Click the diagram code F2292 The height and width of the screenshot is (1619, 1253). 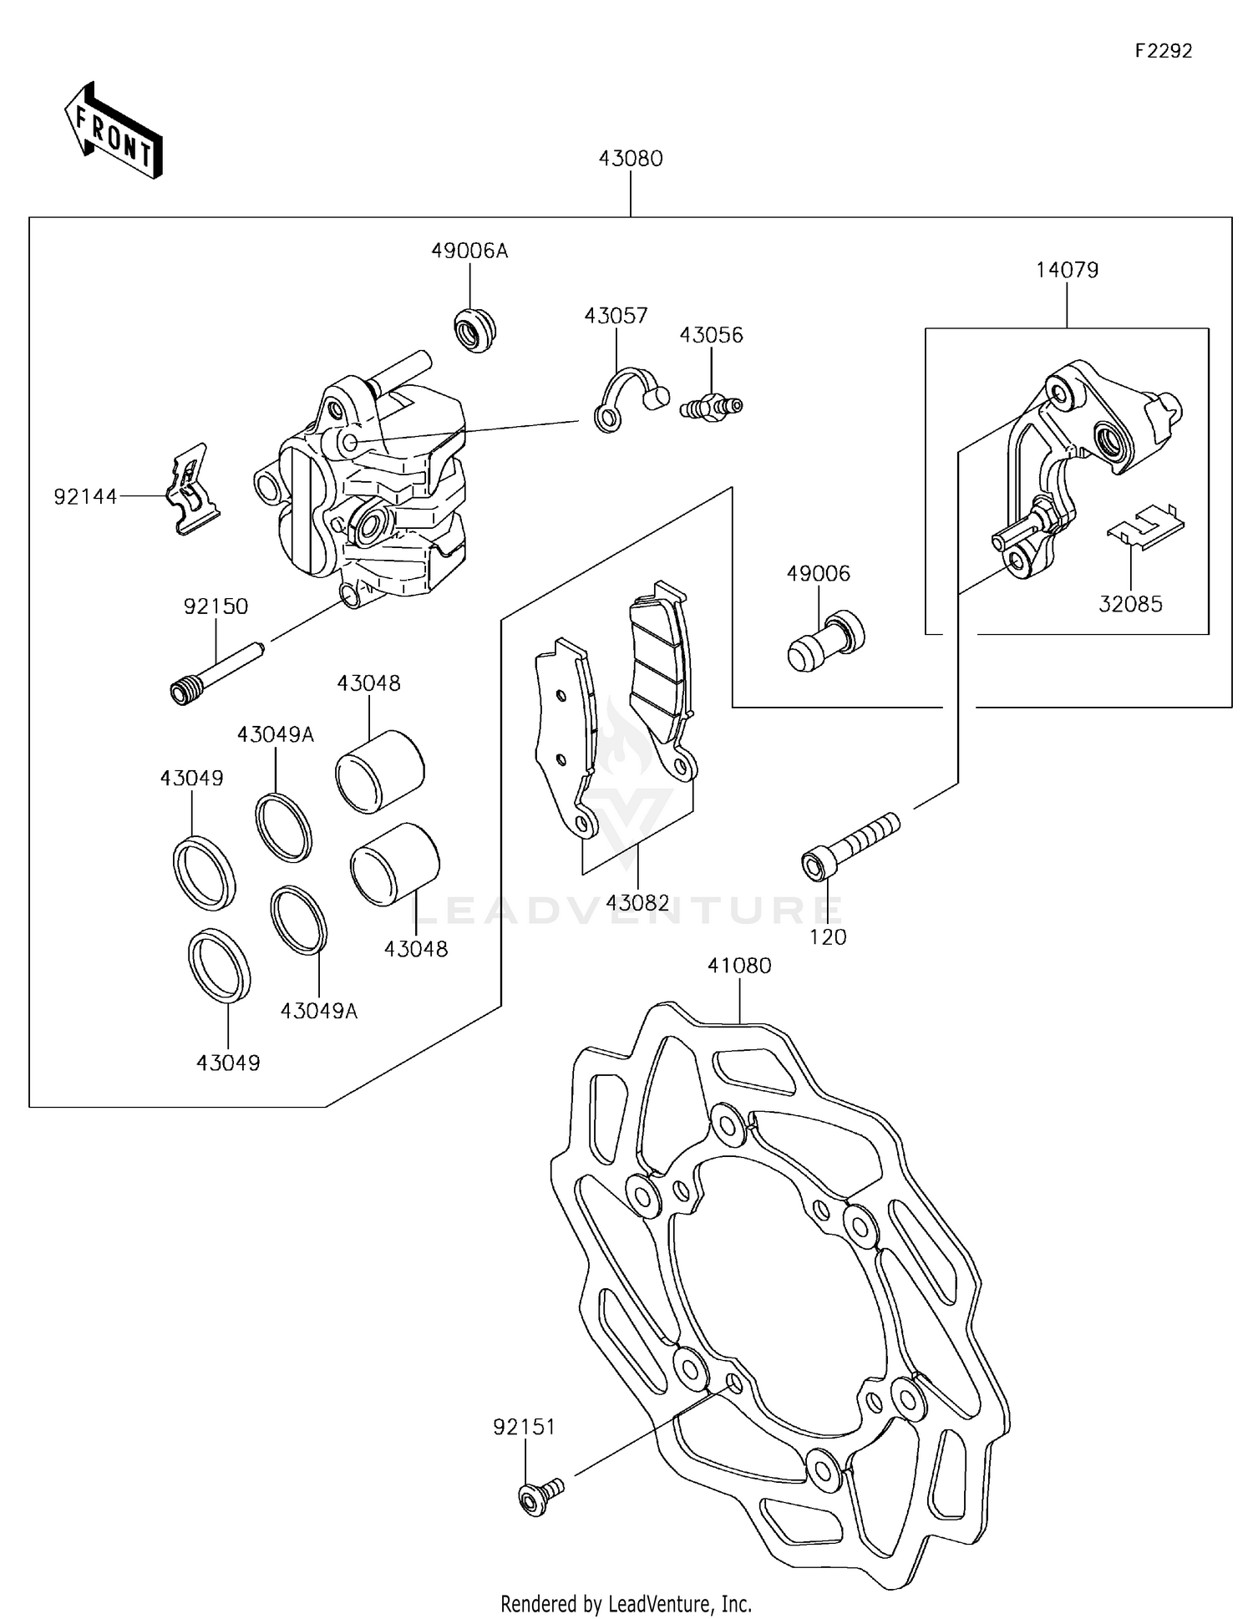(x=1163, y=51)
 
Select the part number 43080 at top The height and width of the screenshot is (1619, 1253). (x=630, y=159)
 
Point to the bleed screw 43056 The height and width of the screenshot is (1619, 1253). (x=711, y=407)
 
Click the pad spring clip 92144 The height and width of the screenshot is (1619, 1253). (x=193, y=489)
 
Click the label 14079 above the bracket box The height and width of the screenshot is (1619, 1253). (x=1067, y=270)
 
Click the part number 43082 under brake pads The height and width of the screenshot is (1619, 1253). (x=637, y=902)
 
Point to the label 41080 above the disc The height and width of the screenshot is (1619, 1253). (x=739, y=965)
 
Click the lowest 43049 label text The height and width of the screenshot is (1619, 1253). (x=228, y=1063)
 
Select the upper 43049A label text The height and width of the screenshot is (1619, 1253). (x=276, y=734)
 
